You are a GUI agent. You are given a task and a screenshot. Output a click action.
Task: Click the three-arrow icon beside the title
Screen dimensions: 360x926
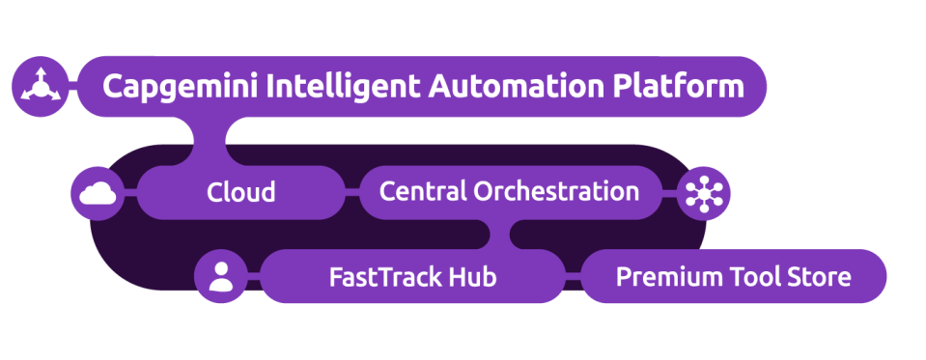coord(41,87)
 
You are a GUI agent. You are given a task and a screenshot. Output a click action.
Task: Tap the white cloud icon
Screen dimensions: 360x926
coord(98,194)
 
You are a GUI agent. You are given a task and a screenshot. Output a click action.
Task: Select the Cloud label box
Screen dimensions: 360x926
coord(240,192)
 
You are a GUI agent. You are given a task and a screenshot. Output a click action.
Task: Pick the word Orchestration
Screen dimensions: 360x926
coord(555,191)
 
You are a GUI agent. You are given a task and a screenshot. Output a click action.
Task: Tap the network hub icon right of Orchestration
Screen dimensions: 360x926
coord(704,193)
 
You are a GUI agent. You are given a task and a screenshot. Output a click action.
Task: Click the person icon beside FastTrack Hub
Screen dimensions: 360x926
coord(221,277)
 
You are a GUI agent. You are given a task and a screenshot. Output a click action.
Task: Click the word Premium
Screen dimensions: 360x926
coord(659,278)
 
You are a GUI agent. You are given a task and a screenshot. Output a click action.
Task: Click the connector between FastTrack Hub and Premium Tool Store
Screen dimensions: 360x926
coord(574,278)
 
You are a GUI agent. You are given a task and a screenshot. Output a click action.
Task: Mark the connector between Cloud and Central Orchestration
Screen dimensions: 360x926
coord(351,192)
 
